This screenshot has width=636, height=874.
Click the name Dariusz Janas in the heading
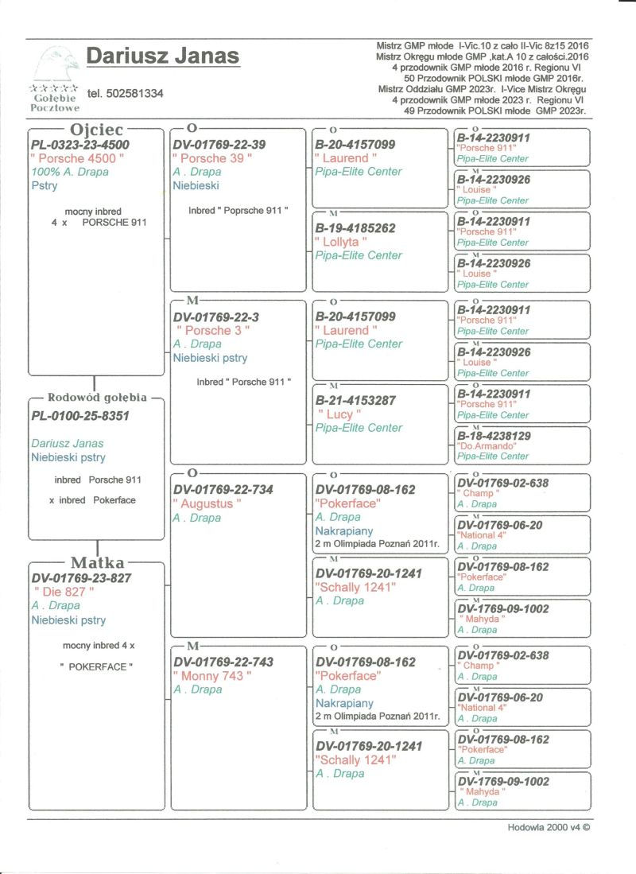tap(162, 57)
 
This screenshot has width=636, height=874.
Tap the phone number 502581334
tap(126, 94)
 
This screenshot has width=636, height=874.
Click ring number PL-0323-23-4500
tap(80, 145)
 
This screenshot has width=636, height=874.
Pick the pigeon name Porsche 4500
tap(77, 158)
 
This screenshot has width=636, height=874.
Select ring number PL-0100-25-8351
tap(80, 415)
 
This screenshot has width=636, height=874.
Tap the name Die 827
tap(64, 592)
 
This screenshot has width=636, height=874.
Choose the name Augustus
tap(207, 504)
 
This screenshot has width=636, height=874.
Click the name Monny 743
tap(212, 676)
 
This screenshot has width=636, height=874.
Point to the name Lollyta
tap(341, 242)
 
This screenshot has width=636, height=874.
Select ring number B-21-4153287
tap(355, 400)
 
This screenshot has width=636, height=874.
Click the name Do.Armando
tap(483, 446)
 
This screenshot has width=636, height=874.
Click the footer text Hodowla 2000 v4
tap(549, 827)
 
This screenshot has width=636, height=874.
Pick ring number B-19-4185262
tap(355, 228)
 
